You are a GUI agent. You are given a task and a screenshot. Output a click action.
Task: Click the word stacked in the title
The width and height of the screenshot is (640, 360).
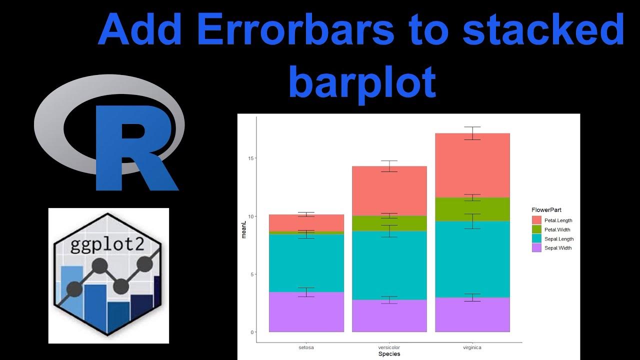click(543, 30)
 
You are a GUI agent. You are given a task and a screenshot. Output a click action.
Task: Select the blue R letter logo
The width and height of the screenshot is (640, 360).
click(132, 147)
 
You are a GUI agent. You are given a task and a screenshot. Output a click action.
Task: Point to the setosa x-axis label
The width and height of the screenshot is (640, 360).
click(306, 347)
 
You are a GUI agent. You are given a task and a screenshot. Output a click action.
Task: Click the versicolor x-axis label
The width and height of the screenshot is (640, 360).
click(389, 347)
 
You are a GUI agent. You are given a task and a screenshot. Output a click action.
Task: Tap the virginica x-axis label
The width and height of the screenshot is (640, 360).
click(472, 347)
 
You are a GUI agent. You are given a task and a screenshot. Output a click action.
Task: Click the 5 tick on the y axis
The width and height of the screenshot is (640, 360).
click(251, 274)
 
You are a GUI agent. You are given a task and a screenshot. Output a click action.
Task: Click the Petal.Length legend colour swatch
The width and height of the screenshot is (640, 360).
click(537, 220)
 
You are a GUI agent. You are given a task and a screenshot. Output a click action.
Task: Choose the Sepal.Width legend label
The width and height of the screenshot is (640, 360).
click(558, 248)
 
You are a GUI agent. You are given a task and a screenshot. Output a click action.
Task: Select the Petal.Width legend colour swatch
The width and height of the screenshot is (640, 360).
click(537, 229)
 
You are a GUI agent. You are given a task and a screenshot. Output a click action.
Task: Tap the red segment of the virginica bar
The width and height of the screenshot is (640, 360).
click(472, 165)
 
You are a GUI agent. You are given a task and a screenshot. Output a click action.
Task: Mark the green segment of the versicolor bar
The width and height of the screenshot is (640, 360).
click(389, 224)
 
